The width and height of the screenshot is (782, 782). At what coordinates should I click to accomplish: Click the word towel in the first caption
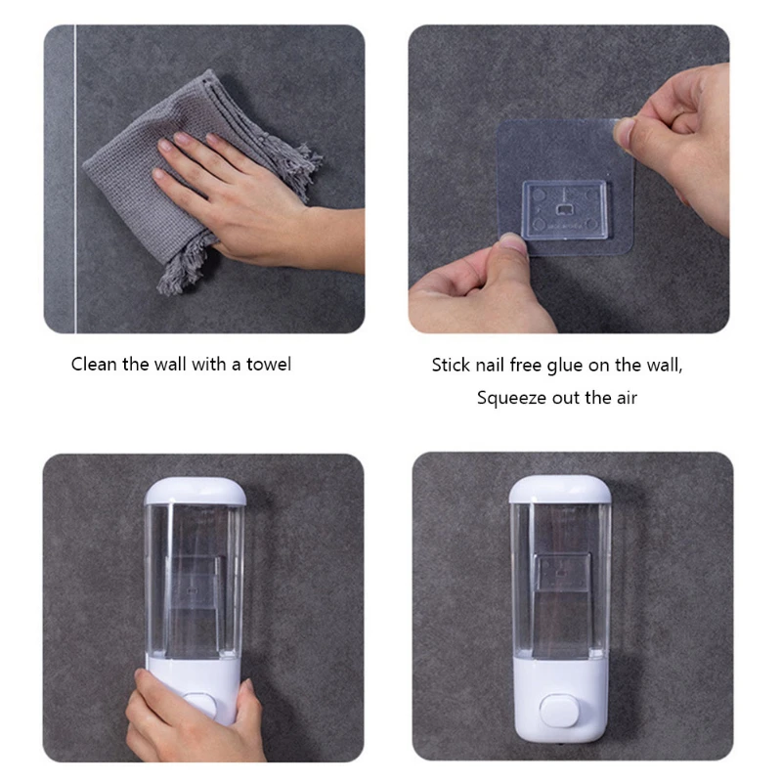(269, 365)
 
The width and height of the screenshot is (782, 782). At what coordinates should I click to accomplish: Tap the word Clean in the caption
(94, 365)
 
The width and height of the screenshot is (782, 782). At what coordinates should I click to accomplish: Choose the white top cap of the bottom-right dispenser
(559, 489)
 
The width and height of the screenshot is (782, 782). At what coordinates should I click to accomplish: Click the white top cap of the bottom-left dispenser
(194, 491)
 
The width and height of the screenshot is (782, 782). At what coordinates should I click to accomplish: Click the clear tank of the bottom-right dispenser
(559, 577)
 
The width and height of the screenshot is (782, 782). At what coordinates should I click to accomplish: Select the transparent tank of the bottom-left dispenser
(194, 577)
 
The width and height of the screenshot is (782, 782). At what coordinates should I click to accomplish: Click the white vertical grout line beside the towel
(74, 176)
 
